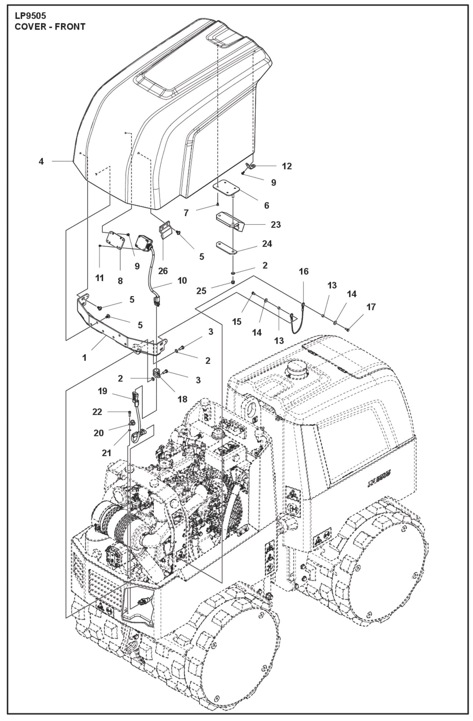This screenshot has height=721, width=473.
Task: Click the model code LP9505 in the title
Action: (x=30, y=16)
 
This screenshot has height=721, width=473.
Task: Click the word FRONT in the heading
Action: (x=70, y=27)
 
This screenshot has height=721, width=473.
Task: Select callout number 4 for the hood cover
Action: (x=41, y=161)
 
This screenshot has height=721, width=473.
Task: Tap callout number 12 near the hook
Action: (x=286, y=166)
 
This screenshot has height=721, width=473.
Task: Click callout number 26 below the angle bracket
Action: (x=163, y=271)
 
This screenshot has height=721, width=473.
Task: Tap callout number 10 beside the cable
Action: (x=182, y=281)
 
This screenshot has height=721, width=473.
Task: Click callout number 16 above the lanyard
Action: (x=303, y=271)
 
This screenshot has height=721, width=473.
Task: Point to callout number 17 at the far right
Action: (x=371, y=307)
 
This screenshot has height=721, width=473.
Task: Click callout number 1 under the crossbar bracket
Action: (x=84, y=358)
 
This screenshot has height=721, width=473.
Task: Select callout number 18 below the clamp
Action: (x=182, y=399)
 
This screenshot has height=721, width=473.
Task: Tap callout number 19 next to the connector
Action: (x=102, y=391)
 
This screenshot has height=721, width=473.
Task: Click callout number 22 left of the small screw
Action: (x=97, y=412)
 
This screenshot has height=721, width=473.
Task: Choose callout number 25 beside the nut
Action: (x=201, y=291)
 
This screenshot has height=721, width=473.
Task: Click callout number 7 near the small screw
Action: (x=186, y=213)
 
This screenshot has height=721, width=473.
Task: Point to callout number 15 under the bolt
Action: (x=237, y=322)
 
